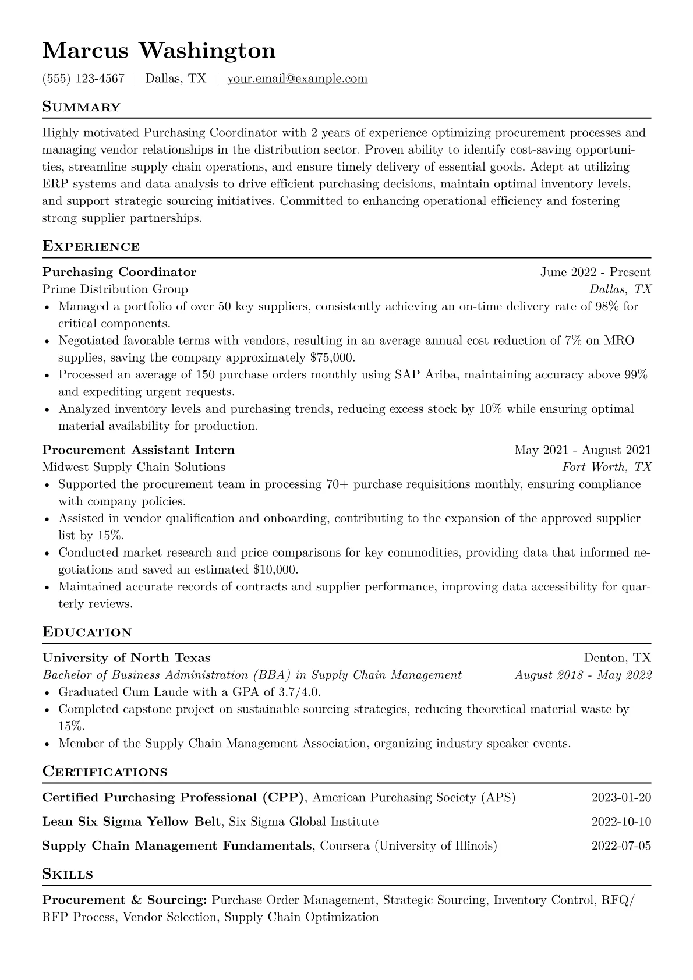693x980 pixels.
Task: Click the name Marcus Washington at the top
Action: tap(158, 51)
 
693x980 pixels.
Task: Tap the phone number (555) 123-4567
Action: tap(83, 79)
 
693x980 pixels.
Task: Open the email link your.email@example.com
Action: tap(297, 79)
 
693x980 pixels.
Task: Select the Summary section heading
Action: tap(81, 107)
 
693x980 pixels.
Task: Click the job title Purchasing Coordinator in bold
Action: tap(119, 272)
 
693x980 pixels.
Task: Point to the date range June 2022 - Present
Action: tap(595, 272)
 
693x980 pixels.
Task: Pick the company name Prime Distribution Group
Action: tap(115, 289)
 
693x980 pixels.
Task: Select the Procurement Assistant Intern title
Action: tap(139, 450)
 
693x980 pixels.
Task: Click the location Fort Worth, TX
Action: tap(606, 467)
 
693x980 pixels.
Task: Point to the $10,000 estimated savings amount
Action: tap(275, 569)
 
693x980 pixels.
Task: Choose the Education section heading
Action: tap(87, 632)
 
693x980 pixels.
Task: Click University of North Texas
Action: tap(126, 658)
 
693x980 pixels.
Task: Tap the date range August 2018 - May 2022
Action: tap(583, 675)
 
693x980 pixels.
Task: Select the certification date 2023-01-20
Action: tap(621, 798)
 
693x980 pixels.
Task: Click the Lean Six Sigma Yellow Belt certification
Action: tap(132, 822)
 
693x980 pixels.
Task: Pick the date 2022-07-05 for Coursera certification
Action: tap(621, 846)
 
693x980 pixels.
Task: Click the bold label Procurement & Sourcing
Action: tap(125, 900)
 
